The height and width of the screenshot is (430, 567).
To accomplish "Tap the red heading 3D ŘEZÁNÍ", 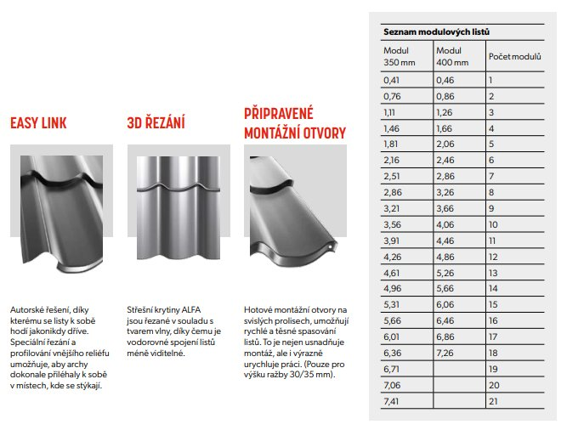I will (x=156, y=123).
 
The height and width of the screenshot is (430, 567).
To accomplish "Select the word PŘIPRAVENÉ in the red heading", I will (x=279, y=112).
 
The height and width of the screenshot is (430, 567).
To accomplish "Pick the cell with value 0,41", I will (x=392, y=80).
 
